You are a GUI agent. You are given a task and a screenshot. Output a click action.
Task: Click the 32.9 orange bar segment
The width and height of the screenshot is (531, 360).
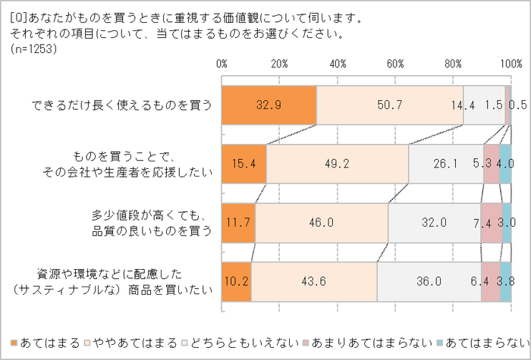(x=269, y=105)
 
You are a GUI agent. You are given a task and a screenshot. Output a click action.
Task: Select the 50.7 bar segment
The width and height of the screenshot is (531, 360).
(x=389, y=105)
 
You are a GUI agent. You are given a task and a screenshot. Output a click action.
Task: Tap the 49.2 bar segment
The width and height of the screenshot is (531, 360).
(x=338, y=164)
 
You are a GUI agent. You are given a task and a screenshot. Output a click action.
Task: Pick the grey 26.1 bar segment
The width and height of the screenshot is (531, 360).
(x=446, y=164)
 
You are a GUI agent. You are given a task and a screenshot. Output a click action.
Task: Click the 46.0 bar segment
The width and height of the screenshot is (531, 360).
(x=322, y=223)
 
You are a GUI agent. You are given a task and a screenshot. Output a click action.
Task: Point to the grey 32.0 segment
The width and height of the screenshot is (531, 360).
(x=435, y=223)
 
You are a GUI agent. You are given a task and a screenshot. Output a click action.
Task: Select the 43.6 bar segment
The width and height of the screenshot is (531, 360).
(x=314, y=281)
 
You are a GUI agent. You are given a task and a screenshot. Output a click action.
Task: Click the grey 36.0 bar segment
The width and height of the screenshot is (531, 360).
(x=429, y=281)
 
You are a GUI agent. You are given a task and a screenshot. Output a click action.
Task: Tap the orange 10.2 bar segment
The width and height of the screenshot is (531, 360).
(x=237, y=281)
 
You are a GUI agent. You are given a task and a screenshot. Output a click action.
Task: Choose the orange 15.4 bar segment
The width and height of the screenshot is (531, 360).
(x=244, y=164)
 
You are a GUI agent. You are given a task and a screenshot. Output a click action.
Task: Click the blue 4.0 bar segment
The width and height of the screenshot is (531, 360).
(x=505, y=164)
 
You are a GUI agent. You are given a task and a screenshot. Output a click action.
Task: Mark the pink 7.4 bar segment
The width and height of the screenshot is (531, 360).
(x=492, y=223)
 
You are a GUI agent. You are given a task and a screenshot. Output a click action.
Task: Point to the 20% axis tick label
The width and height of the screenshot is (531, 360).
(x=280, y=63)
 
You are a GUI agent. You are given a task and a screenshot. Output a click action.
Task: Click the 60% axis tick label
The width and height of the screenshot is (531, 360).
(x=395, y=63)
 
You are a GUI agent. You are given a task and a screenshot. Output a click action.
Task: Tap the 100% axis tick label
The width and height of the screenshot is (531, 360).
(x=510, y=63)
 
